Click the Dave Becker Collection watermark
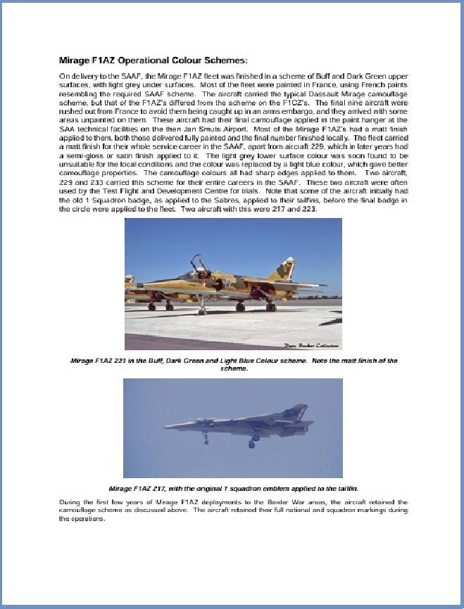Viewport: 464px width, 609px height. [311, 345]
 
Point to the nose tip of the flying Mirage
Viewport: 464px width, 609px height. [166, 425]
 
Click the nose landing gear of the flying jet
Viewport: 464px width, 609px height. [205, 440]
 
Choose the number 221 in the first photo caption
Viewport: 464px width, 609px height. [129, 361]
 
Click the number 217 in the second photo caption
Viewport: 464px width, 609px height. [169, 487]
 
